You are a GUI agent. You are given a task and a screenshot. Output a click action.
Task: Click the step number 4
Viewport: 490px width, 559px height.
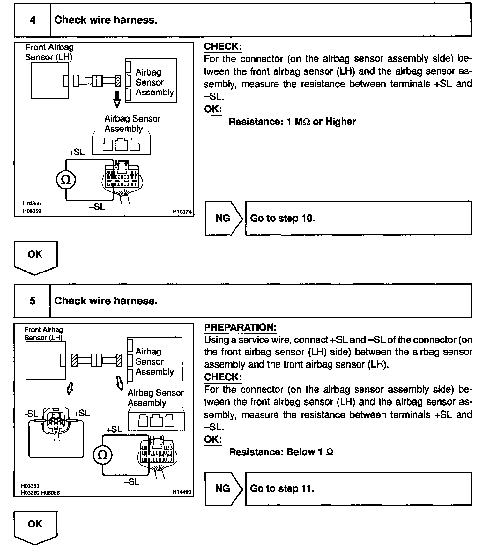tap(33, 20)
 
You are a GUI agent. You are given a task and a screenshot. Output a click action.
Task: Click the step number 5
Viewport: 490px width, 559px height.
tap(33, 301)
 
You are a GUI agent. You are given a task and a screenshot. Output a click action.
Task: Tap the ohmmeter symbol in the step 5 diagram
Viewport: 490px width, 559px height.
tap(103, 455)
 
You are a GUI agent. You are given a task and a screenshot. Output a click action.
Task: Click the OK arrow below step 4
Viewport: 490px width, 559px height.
tap(35, 257)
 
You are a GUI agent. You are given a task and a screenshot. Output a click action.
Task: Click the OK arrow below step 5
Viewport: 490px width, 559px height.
tap(35, 527)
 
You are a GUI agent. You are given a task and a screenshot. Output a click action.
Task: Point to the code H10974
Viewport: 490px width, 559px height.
tap(182, 211)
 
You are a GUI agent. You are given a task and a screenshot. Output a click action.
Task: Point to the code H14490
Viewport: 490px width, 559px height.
tap(182, 492)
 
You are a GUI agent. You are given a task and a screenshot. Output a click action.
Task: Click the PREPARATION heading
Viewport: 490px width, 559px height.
tap(240, 327)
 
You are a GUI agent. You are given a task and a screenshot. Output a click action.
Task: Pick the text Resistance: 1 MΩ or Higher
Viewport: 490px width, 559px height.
tap(292, 122)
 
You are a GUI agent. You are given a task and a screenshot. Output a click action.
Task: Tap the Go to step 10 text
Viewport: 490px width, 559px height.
tap(282, 218)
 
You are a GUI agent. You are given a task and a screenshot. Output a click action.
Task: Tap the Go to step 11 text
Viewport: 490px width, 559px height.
tap(282, 488)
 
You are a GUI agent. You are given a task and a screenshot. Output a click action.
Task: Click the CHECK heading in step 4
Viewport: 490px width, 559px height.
tap(223, 47)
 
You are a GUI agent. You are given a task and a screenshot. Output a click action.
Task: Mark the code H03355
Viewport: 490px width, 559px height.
tap(32, 203)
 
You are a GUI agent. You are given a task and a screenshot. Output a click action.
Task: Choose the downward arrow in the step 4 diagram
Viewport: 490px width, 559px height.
tap(117, 99)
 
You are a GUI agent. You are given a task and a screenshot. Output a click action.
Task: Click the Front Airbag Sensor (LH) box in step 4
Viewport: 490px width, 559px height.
tap(49, 80)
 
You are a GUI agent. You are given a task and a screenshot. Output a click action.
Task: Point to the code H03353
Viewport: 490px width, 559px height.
tap(30, 486)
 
